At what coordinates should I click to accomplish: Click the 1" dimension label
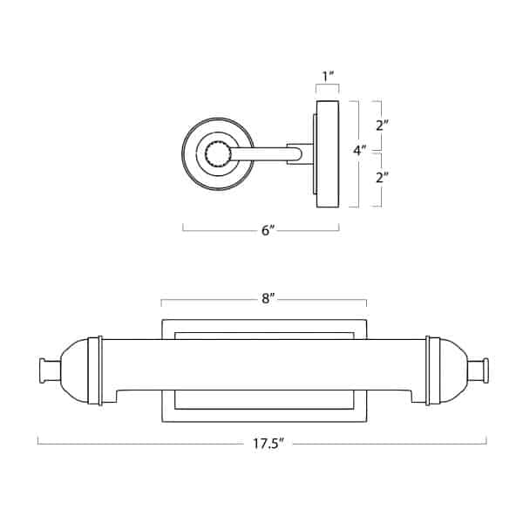point(327,77)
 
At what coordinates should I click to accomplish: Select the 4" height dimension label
point(359,150)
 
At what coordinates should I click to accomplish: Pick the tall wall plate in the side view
point(328,154)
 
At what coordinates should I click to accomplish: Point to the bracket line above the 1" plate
point(327,89)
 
